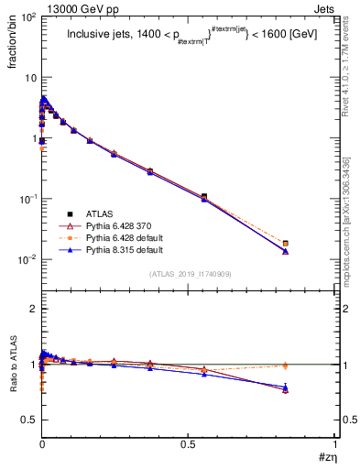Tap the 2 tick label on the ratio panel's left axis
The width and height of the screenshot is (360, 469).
[x=32, y=310]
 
